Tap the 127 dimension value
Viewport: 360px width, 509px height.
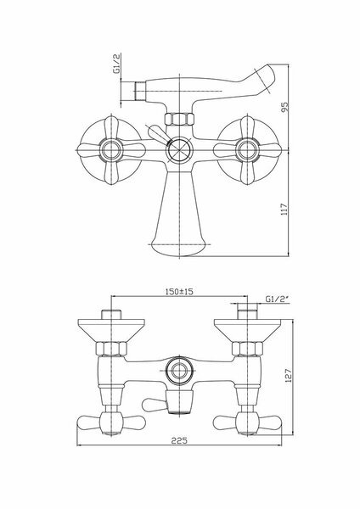[x=288, y=374]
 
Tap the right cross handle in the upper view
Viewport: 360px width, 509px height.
[x=247, y=153]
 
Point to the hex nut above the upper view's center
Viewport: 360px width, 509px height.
[x=179, y=120]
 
